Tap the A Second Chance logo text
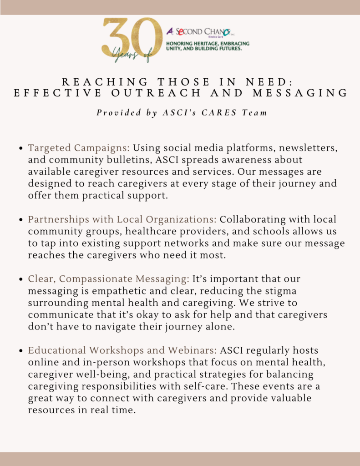point(198,31)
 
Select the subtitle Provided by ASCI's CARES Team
point(182,113)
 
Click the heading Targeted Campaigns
point(79,148)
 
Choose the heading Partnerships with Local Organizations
point(122,219)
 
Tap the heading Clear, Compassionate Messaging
point(108,279)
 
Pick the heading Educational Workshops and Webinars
point(122,350)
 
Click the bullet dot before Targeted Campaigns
point(21,148)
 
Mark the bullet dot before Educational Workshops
point(21,351)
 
